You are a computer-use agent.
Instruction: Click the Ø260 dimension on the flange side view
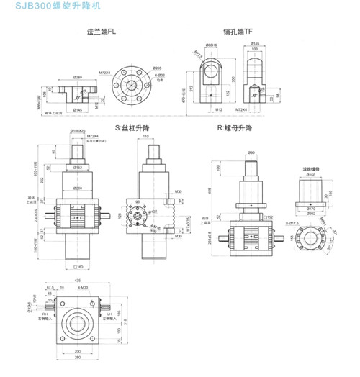78,76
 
